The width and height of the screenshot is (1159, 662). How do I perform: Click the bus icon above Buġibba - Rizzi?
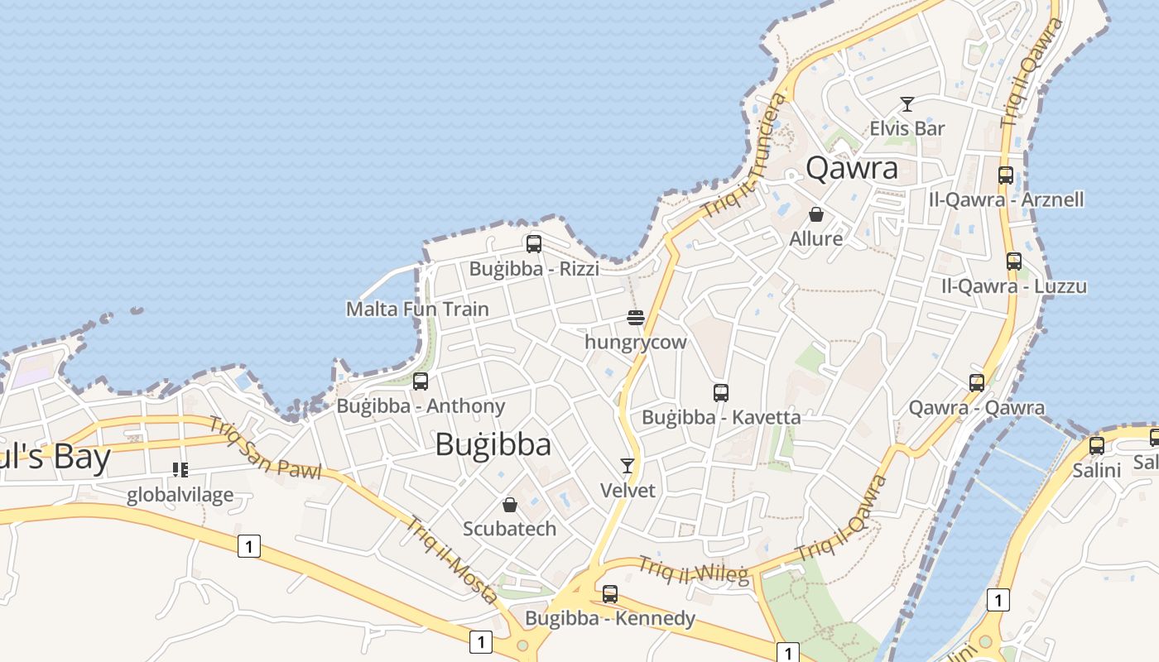click(x=534, y=244)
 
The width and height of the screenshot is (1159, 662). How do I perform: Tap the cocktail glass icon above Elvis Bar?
click(x=907, y=104)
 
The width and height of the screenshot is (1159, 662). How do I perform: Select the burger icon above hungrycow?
click(x=636, y=317)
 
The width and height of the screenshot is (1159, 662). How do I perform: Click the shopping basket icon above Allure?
click(x=816, y=214)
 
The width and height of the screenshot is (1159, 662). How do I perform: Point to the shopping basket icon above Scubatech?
click(x=510, y=504)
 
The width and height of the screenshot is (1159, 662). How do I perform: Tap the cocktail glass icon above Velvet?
click(x=628, y=466)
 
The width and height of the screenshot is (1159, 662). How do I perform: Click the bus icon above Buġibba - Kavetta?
click(x=721, y=393)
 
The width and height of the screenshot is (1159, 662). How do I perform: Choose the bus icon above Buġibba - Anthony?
click(x=421, y=381)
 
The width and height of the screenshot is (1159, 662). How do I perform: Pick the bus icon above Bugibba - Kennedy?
click(x=610, y=593)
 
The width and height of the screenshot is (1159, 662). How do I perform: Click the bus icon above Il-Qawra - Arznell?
click(x=1006, y=175)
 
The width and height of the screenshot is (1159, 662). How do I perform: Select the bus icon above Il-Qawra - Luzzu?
click(x=1014, y=261)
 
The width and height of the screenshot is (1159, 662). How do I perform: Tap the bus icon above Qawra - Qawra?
click(x=977, y=383)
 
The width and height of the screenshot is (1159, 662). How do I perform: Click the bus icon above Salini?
click(x=1097, y=446)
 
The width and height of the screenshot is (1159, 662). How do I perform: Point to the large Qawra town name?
click(x=851, y=168)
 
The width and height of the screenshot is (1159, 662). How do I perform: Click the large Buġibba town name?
click(x=493, y=444)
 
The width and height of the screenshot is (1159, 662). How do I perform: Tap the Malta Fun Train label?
click(x=417, y=309)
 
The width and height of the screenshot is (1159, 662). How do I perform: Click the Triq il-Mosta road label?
click(x=450, y=559)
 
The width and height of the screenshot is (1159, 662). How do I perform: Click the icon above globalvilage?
click(x=180, y=470)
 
